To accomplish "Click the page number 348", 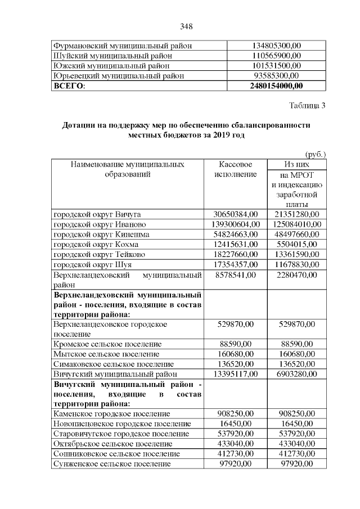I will point(186,26).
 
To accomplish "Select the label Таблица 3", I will point(307,105).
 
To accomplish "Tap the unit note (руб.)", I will point(315,154).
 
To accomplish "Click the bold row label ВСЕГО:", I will point(68,86).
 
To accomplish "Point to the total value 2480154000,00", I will point(276,86).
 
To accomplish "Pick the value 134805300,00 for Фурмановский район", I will point(276,46).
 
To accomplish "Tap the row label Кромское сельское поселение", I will point(107,343).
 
